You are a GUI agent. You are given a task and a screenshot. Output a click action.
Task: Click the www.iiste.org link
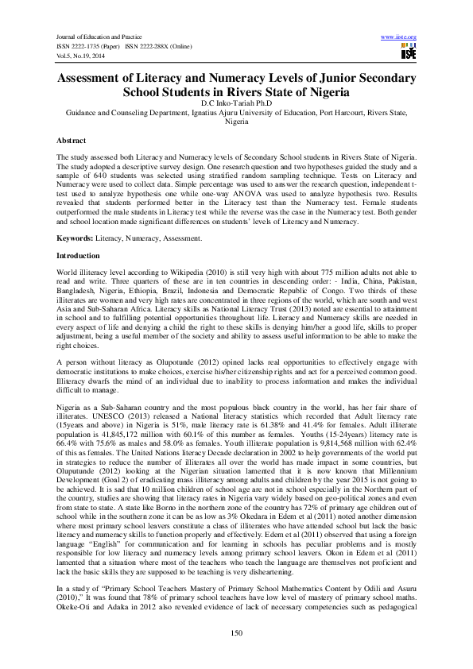point(399,37)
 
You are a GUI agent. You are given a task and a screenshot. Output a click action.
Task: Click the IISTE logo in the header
point(409,52)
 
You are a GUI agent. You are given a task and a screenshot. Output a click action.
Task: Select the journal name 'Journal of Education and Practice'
point(92,37)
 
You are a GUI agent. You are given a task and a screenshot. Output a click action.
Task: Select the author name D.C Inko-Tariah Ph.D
point(236,103)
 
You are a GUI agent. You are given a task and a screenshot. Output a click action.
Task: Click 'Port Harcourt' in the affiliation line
point(343,113)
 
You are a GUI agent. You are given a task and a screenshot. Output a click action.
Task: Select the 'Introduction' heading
point(78,256)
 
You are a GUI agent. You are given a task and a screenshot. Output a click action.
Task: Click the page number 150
point(236,632)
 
